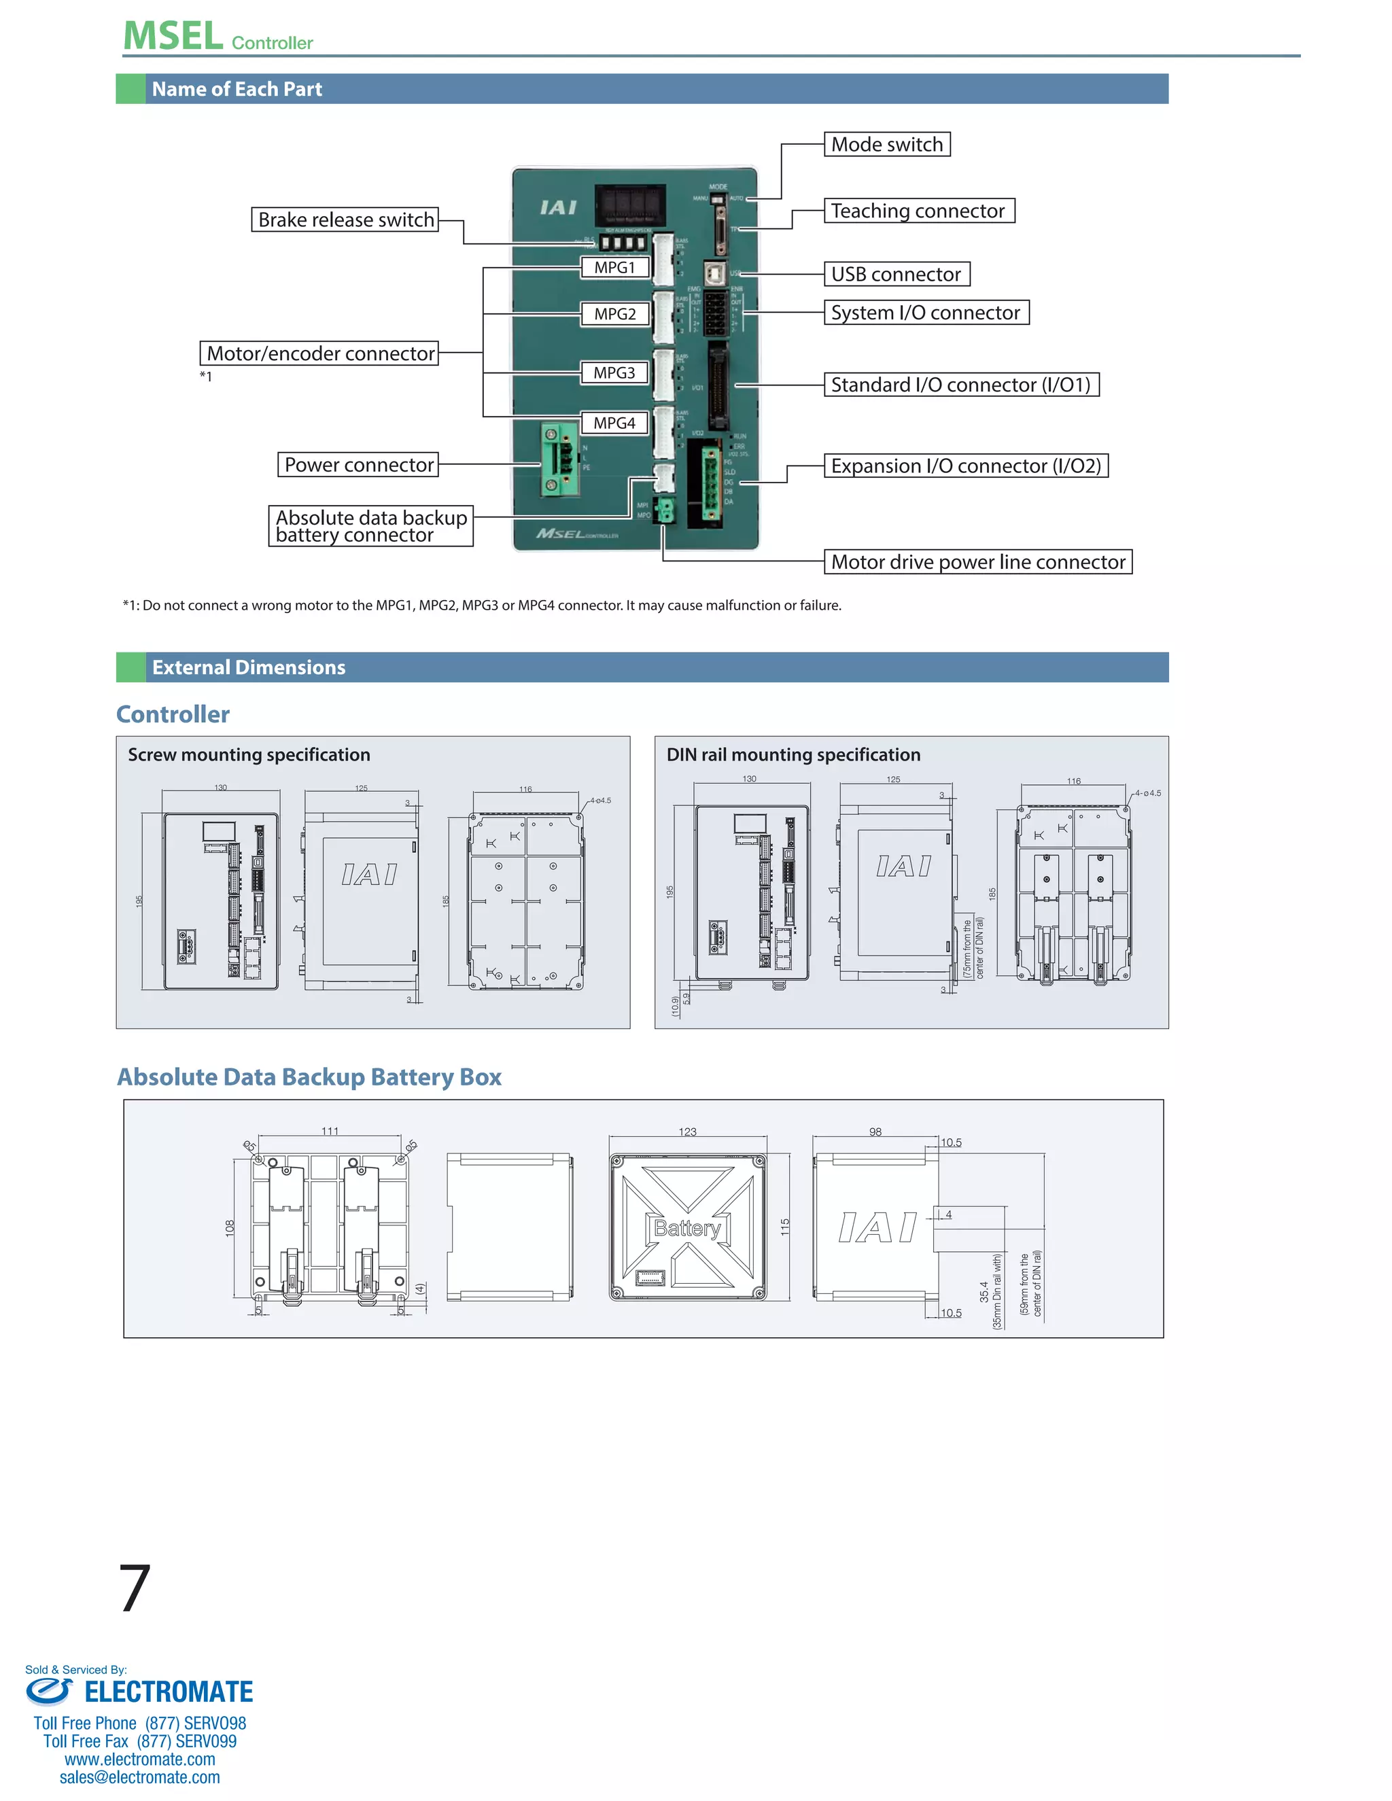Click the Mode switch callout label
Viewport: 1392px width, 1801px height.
tap(886, 144)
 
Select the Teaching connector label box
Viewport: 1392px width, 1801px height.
tap(918, 211)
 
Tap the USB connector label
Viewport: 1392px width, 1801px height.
tap(897, 275)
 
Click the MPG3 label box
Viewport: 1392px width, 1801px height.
tap(614, 372)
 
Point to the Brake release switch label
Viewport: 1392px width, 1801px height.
tap(345, 220)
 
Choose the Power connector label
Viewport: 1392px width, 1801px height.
tap(358, 465)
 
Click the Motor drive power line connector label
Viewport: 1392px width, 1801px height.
tap(977, 563)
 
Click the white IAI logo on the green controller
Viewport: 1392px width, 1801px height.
tap(558, 207)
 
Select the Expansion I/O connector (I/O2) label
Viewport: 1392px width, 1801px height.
tap(966, 466)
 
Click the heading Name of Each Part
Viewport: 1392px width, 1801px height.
tap(237, 89)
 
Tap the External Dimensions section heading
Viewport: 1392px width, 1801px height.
tap(248, 667)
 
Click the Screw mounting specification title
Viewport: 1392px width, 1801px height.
tap(248, 754)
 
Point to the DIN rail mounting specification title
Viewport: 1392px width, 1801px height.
tap(793, 754)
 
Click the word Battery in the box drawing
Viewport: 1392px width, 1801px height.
tap(687, 1229)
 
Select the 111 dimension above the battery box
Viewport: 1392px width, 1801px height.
tap(330, 1131)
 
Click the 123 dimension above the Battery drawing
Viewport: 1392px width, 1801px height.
tap(688, 1132)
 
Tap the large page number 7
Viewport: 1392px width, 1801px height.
tap(135, 1588)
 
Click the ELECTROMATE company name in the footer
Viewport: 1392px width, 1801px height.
tap(169, 1692)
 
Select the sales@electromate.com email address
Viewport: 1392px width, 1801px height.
tap(139, 1777)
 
